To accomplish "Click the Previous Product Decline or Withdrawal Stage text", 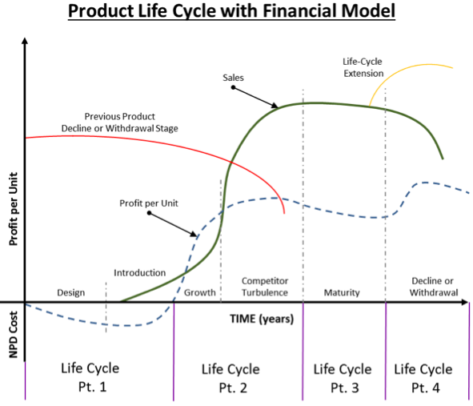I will click(x=120, y=121).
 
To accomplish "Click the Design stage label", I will click(x=70, y=292).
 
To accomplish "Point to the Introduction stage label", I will click(x=139, y=273).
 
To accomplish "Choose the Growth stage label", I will click(x=200, y=292).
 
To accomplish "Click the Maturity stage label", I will click(x=342, y=292).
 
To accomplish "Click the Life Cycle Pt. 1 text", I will click(x=90, y=376).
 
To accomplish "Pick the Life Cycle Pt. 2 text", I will click(x=230, y=376).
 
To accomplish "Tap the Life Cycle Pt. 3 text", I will click(x=343, y=376).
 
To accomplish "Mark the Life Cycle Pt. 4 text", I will click(x=423, y=376).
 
